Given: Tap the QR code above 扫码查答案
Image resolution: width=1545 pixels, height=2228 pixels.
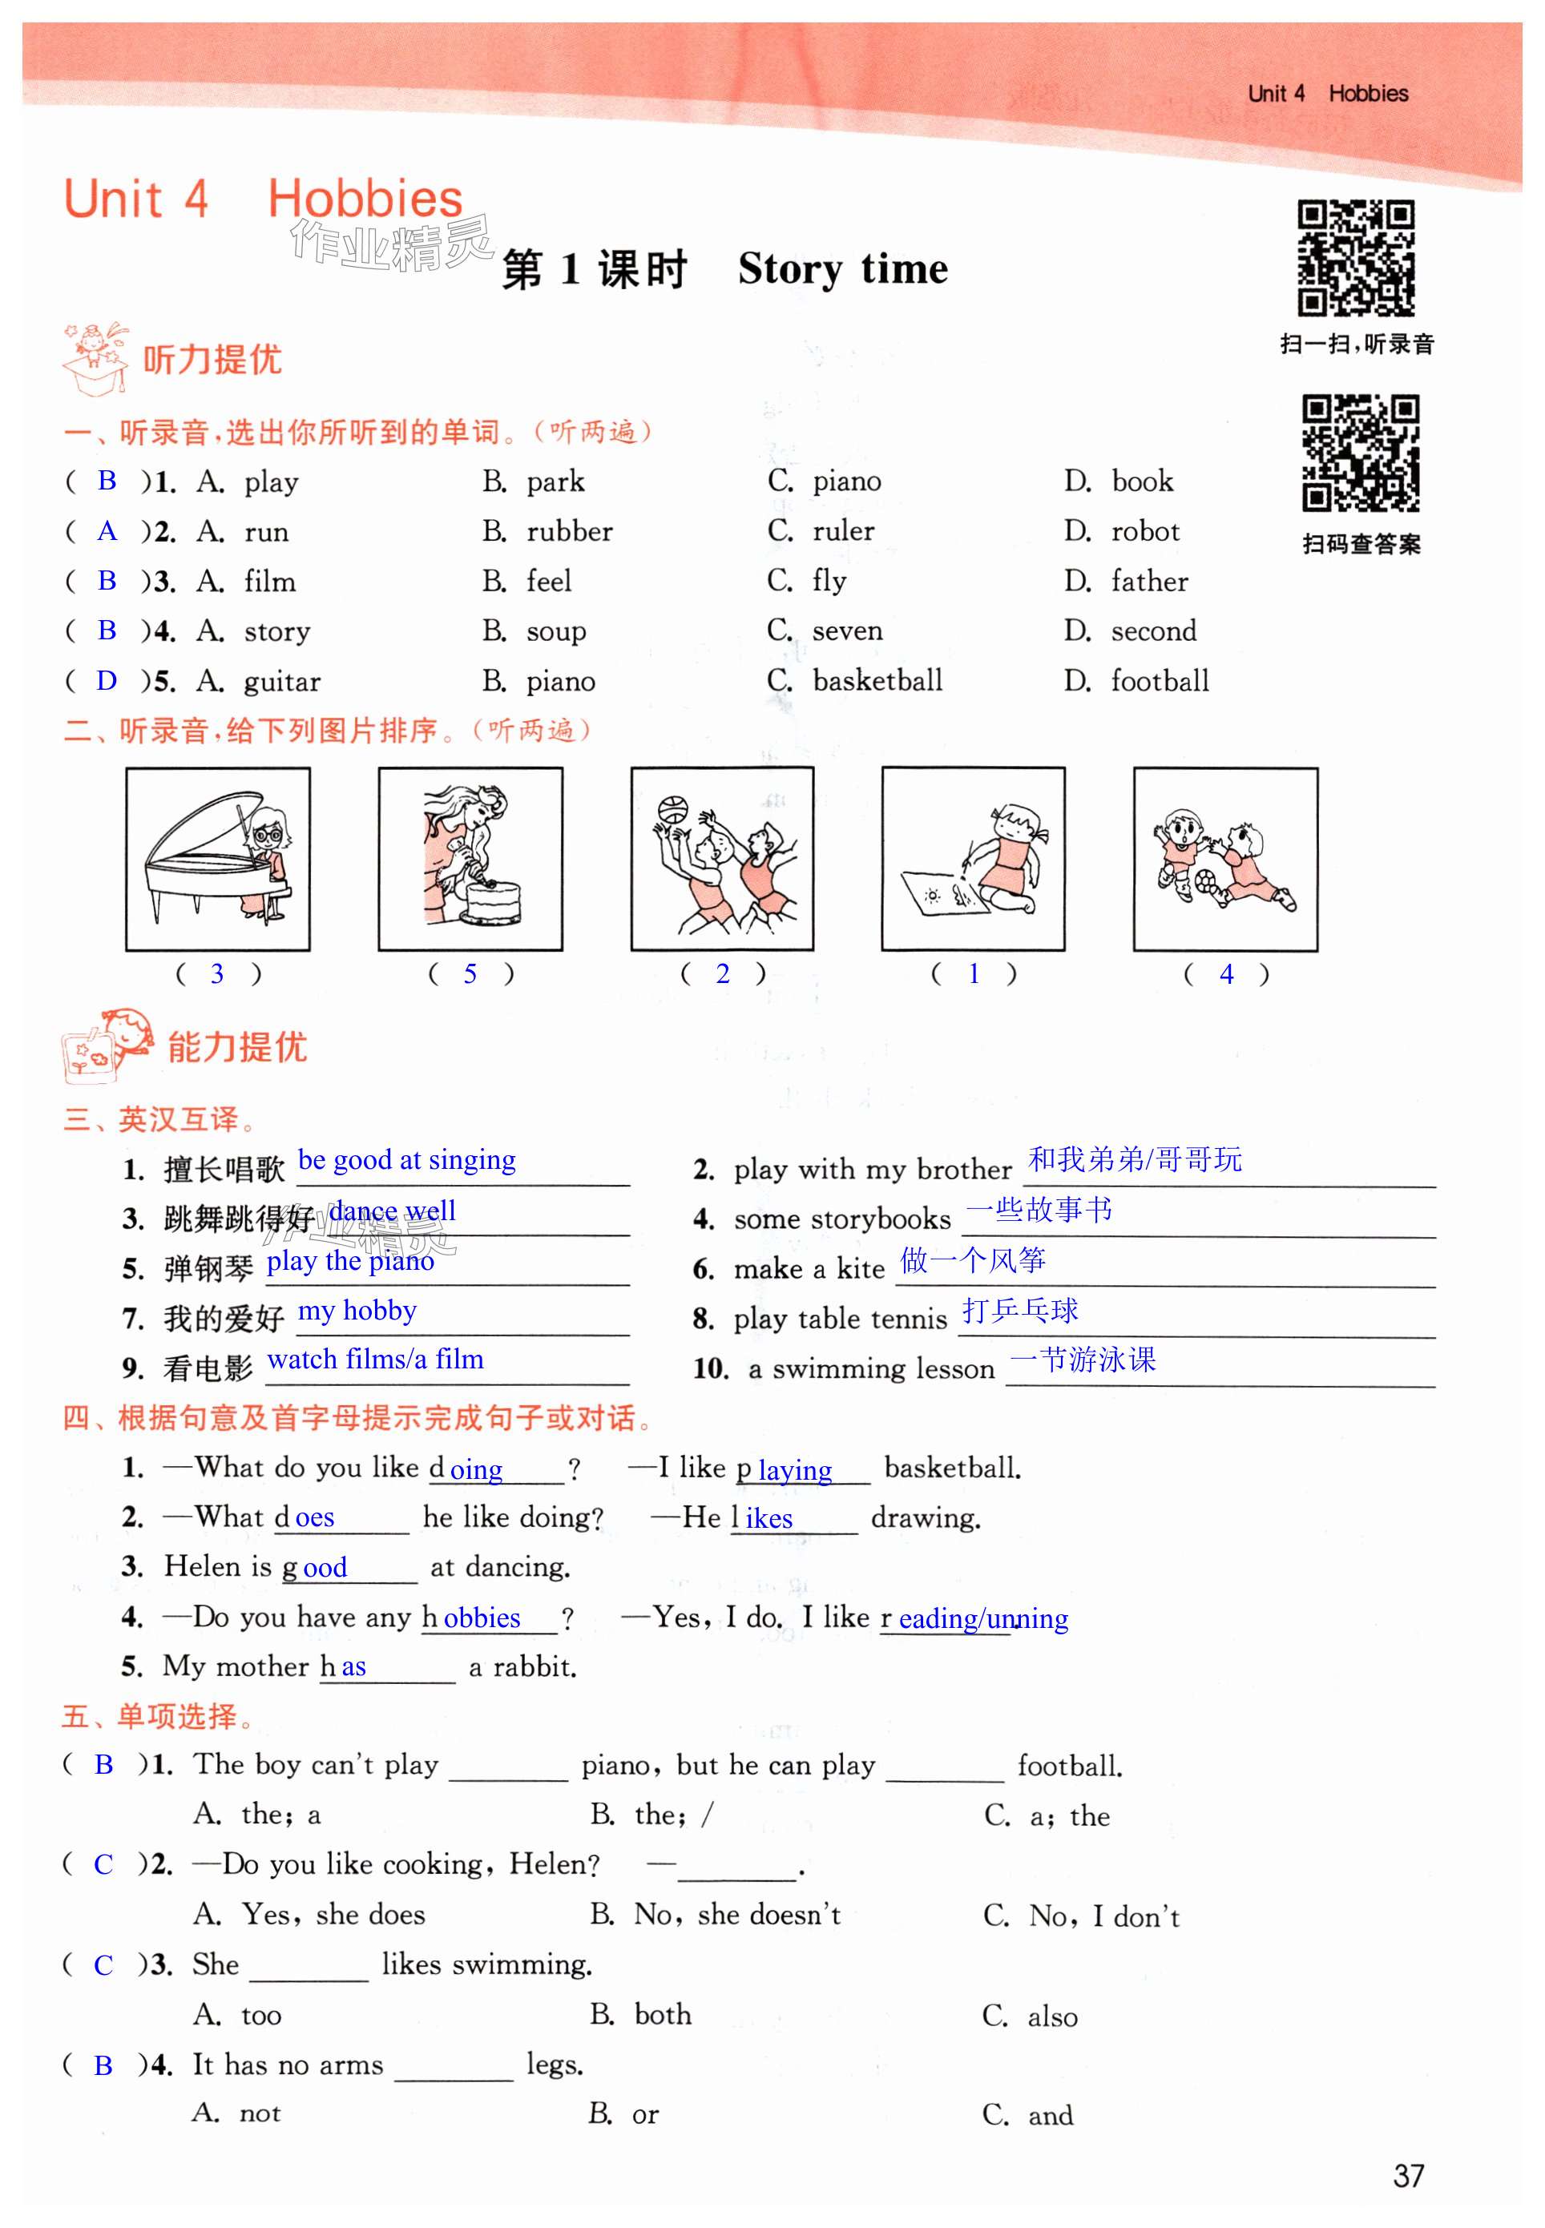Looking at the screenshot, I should click(1360, 452).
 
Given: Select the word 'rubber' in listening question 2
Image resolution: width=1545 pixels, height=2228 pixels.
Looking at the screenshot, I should click(569, 531).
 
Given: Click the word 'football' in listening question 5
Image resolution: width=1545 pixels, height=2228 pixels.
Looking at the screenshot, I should click(1160, 681).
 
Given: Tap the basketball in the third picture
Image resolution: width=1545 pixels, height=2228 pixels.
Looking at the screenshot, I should click(671, 809).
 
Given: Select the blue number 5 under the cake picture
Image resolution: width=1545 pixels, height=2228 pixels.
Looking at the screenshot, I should click(470, 973).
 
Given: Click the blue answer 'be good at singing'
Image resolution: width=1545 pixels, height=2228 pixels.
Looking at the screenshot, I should click(406, 1159).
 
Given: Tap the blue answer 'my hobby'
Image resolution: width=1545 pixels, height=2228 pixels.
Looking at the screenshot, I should click(357, 1311).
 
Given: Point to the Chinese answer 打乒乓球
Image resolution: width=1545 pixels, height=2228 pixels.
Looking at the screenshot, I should click(1019, 1311).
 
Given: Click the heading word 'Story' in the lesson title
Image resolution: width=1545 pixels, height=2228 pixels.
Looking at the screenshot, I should click(789, 269).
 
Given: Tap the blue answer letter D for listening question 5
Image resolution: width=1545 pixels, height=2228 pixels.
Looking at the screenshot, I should click(107, 680).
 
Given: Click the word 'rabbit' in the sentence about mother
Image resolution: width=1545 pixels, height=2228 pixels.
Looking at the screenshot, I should click(534, 1666).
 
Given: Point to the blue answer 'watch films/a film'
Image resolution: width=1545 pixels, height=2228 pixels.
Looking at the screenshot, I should click(375, 1360).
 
